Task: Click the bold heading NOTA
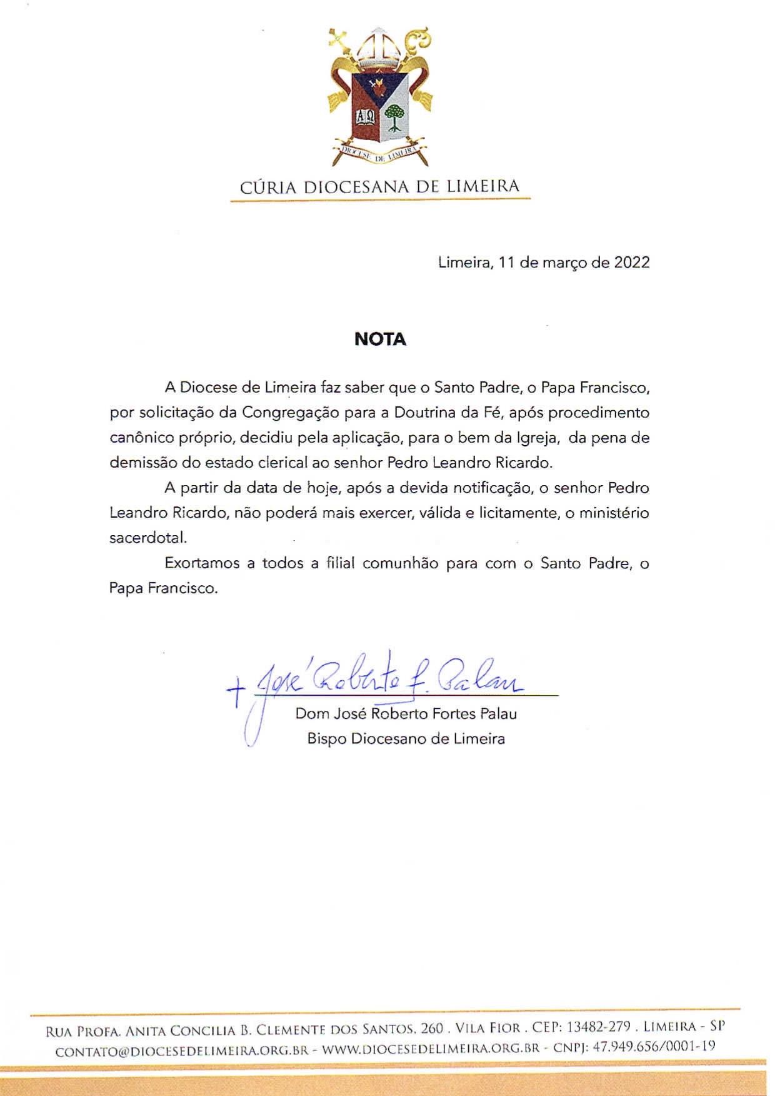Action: tap(380, 339)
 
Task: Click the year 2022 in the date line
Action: tap(631, 263)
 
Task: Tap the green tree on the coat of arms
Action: tap(394, 118)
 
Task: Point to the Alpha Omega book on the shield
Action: tap(366, 118)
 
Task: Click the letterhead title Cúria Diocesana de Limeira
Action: tap(380, 186)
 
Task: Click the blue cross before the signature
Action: tap(236, 693)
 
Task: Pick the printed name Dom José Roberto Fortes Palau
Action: tap(406, 713)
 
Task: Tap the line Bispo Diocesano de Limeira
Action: tap(406, 739)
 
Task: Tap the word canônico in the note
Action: tap(137, 438)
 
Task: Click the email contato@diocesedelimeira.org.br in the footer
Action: tap(182, 1051)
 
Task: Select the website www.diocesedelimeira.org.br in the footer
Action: tap(430, 1051)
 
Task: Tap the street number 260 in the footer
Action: tap(431, 1028)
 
